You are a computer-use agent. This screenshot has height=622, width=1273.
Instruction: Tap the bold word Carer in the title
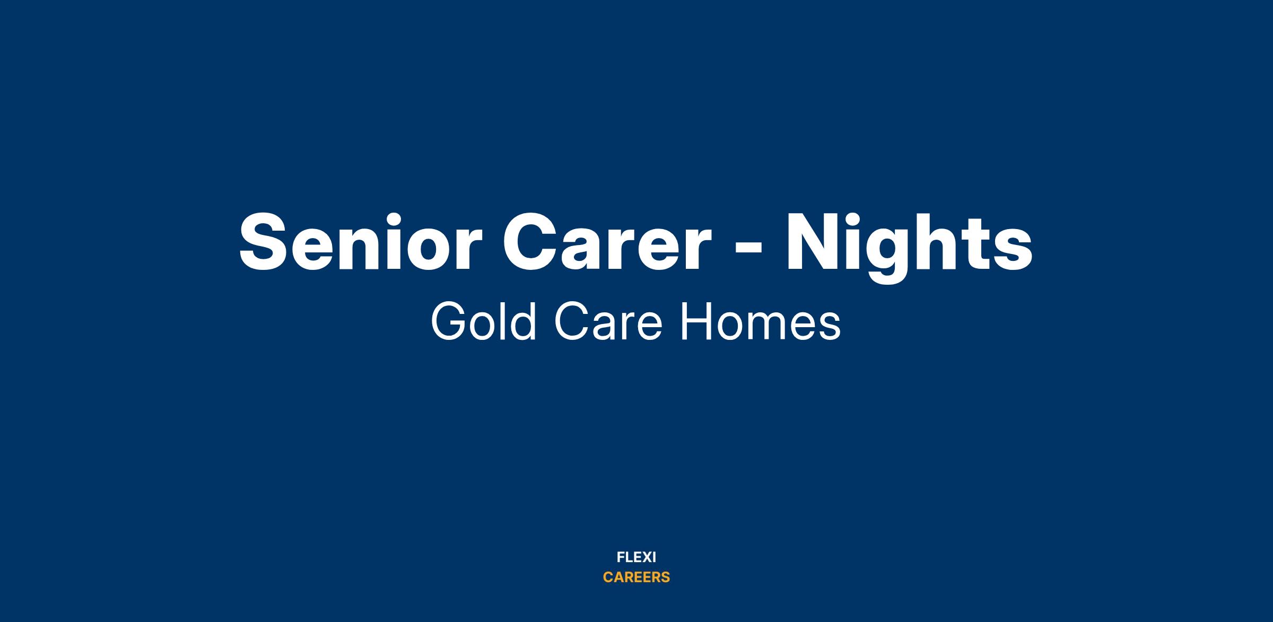[x=607, y=242]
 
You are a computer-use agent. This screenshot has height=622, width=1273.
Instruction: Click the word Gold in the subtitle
[x=483, y=322]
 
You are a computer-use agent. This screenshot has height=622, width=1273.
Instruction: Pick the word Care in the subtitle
[x=608, y=322]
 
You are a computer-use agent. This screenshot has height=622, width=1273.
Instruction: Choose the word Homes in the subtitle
[x=761, y=322]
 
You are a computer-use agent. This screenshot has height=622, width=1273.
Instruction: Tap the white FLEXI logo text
[x=636, y=557]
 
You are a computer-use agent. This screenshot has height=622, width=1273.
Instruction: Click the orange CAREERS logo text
[x=636, y=577]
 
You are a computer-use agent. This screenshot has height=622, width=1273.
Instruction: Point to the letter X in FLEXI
[x=644, y=557]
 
